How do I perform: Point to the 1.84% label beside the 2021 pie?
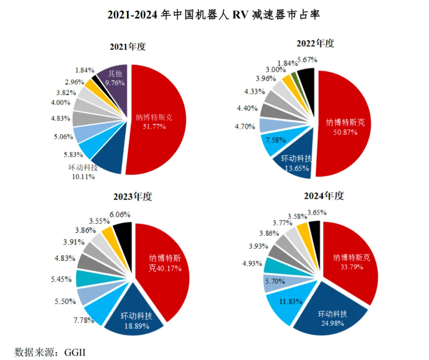pyautogui.click(x=84, y=70)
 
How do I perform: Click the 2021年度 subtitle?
pyautogui.click(x=128, y=46)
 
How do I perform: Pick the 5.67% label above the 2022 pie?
pyautogui.click(x=307, y=60)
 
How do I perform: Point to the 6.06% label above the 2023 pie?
pyautogui.click(x=120, y=215)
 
